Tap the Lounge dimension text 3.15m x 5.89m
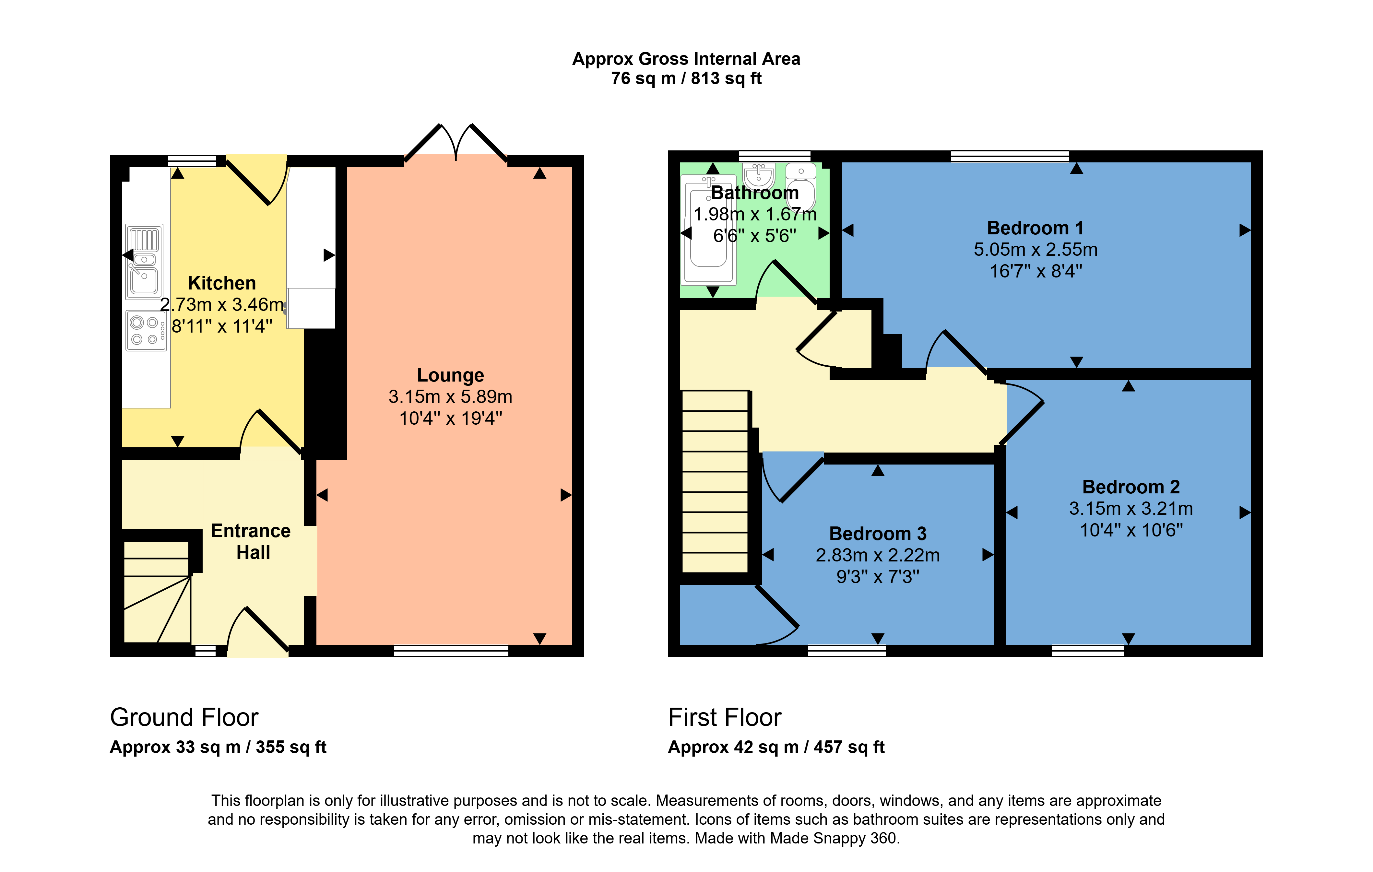coord(450,397)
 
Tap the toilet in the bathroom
coord(801,185)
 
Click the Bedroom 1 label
coord(1035,228)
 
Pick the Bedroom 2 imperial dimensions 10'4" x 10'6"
coord(1131,530)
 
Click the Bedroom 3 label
coord(878,534)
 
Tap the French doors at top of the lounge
coord(456,143)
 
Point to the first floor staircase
coord(715,482)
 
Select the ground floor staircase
coord(157,593)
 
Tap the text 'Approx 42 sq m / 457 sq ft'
coord(776,747)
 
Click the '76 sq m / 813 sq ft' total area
coord(686,79)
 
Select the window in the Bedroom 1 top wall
coord(1009,156)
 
